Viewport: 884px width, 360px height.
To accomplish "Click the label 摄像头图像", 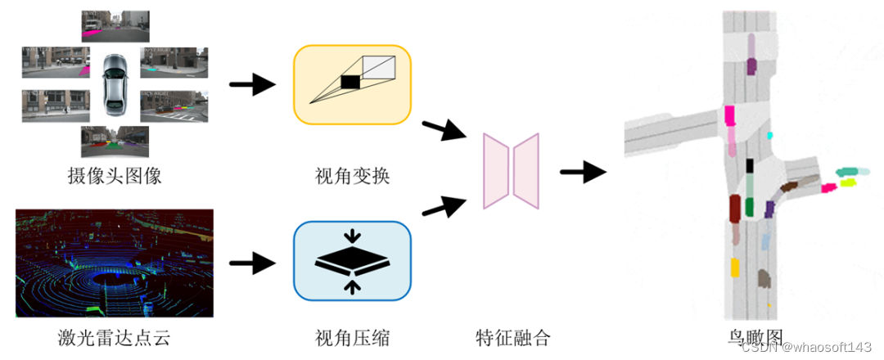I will (114, 175).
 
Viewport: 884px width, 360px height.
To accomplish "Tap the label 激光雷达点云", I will (114, 336).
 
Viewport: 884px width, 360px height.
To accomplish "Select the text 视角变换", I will (352, 175).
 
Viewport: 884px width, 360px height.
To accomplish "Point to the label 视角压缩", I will (352, 336).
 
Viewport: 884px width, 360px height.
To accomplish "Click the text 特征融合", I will (513, 336).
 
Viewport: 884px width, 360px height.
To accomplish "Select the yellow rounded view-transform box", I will (352, 84).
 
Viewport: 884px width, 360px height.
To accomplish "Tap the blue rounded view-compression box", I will (352, 261).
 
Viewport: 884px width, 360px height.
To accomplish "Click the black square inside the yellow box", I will (350, 81).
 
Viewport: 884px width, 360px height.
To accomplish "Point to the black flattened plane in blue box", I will (352, 261).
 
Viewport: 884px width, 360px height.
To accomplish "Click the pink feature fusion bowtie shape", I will (511, 171).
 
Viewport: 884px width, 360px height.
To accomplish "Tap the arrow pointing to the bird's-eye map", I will (583, 172).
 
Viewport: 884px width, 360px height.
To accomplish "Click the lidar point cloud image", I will (114, 263).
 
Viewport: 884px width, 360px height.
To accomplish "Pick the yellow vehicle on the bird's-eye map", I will (735, 268).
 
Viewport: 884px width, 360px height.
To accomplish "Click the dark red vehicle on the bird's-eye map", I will (734, 208).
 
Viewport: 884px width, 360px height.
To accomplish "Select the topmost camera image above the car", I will (115, 26).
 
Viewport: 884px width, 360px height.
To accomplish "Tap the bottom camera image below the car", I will (115, 141).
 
